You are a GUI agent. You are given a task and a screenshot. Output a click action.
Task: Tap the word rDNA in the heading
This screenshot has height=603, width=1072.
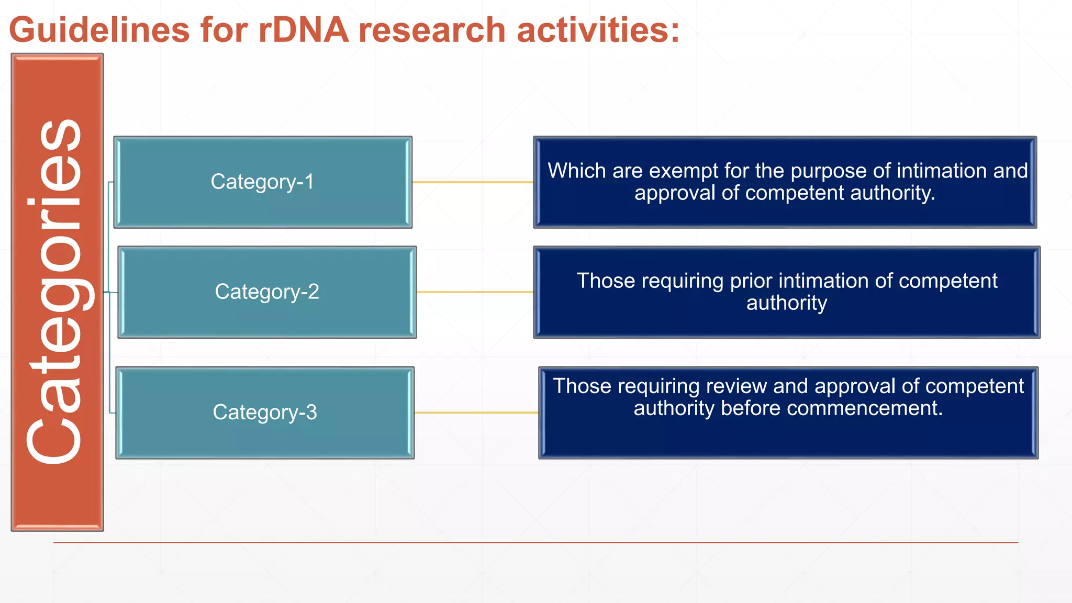(x=304, y=30)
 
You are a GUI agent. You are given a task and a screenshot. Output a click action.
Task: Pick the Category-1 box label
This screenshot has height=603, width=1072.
(x=262, y=182)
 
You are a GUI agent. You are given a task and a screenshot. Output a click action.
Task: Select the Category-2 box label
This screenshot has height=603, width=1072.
(x=266, y=292)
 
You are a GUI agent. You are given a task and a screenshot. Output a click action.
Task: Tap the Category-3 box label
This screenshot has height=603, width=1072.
(x=264, y=412)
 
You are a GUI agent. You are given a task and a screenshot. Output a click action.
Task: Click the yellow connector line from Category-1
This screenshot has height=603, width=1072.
(x=472, y=182)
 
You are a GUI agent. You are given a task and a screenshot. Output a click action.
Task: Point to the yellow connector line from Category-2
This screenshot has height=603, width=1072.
(x=474, y=292)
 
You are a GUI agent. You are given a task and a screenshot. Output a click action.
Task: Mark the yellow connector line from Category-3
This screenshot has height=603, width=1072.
(x=476, y=412)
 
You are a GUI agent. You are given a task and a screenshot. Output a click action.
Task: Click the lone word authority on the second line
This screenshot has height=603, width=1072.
(x=786, y=303)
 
